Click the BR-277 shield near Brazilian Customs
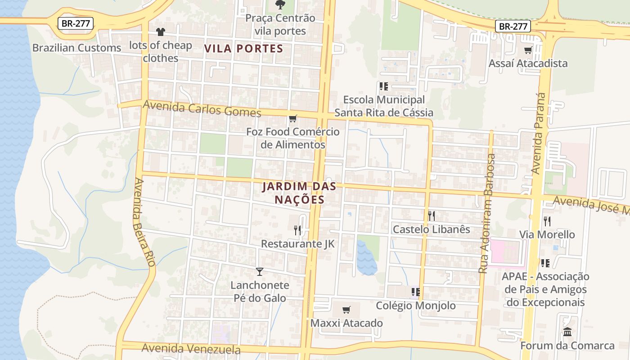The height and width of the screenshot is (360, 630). click(75, 23)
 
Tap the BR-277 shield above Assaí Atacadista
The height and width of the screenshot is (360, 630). click(513, 26)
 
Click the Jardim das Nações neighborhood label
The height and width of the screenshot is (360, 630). click(293, 193)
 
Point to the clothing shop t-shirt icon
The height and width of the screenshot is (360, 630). click(161, 32)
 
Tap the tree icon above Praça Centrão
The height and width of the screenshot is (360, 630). click(280, 5)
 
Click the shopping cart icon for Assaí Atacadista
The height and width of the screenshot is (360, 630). click(528, 50)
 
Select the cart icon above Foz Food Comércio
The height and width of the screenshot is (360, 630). click(293, 119)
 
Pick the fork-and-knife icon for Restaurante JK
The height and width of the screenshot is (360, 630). click(297, 230)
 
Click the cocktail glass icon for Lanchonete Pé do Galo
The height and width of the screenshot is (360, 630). click(260, 271)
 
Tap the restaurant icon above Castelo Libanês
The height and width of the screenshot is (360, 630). click(431, 216)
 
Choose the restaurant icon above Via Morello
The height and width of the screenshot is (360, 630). click(547, 221)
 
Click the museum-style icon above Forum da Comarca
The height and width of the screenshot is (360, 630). click(567, 332)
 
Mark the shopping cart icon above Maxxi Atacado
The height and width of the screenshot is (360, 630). click(346, 310)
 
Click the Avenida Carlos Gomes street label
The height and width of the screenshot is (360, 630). click(202, 108)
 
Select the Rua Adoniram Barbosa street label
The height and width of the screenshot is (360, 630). click(487, 213)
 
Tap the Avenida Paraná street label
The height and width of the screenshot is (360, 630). click(538, 133)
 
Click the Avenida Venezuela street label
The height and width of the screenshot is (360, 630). click(191, 349)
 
